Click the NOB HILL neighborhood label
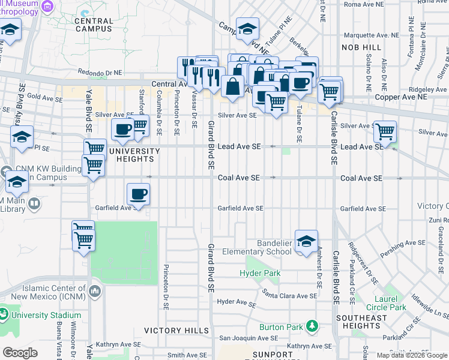click(x=361, y=47)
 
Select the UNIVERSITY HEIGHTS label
click(x=130, y=155)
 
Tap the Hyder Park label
click(x=260, y=273)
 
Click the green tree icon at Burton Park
click(x=312, y=326)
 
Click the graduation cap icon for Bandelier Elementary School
click(x=306, y=241)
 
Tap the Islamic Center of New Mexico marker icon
click(x=95, y=292)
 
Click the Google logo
click(x=20, y=353)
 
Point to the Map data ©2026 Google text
click(x=411, y=355)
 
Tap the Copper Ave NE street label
click(x=401, y=97)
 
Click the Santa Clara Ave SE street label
click(x=289, y=296)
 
